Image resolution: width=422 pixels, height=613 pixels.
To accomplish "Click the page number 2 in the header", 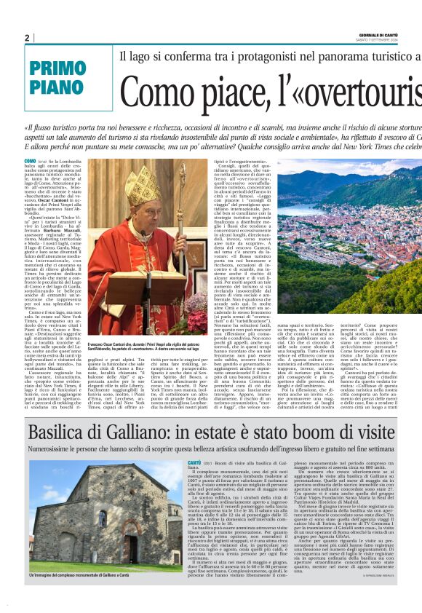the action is [27, 38].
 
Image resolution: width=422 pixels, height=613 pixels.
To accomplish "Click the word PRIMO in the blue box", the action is [58, 71].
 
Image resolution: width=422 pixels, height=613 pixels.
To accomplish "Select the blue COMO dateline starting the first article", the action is [30, 160].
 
